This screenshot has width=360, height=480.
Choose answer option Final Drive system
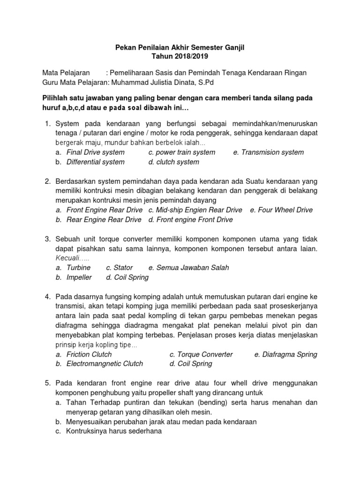[96, 152]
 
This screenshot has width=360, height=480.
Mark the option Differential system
[96, 162]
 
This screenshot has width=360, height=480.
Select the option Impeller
[79, 277]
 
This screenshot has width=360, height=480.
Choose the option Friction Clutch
[89, 354]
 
